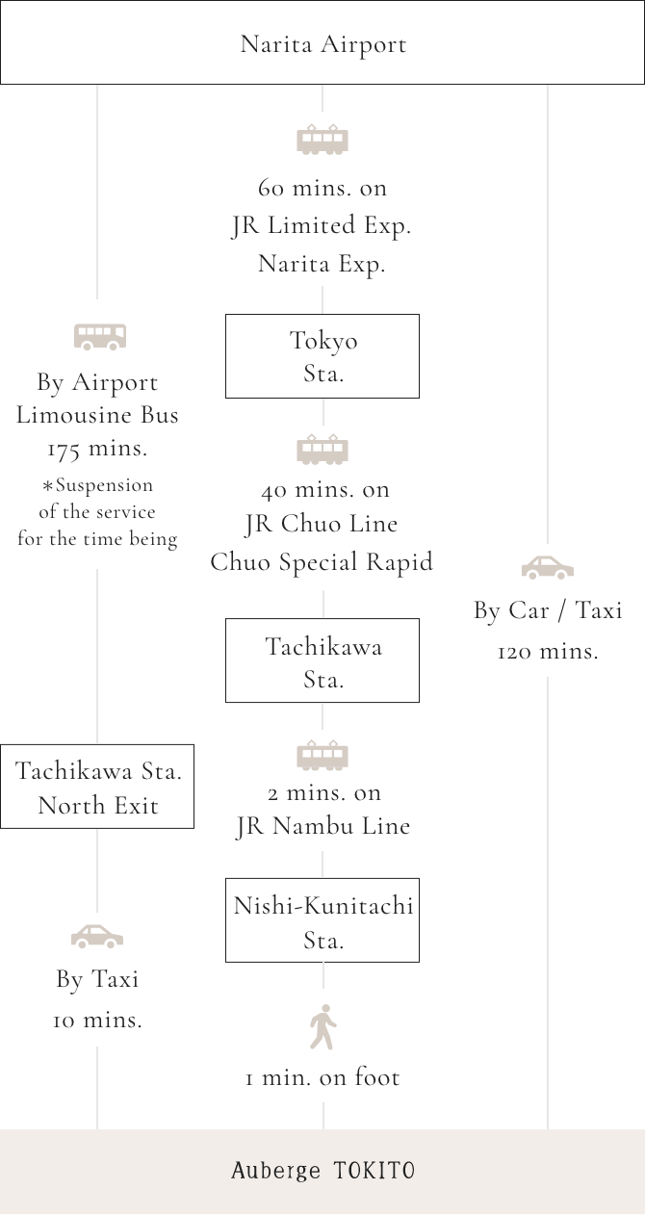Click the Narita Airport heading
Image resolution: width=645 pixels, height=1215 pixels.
tap(322, 44)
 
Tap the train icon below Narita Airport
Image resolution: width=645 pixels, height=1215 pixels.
tap(322, 140)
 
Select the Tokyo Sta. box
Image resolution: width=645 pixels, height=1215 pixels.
tap(322, 356)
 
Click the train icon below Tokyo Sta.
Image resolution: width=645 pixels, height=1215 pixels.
tap(322, 450)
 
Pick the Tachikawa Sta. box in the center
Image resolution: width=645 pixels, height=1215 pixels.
tap(322, 661)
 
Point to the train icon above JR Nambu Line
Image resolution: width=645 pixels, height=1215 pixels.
tap(322, 756)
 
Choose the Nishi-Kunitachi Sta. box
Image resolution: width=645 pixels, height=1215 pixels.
tap(322, 920)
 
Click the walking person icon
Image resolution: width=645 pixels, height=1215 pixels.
tap(322, 1027)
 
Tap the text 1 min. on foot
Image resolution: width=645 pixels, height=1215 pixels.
tap(322, 1078)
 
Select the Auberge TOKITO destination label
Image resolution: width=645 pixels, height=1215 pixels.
tap(322, 1171)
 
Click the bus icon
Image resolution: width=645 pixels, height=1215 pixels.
tap(100, 336)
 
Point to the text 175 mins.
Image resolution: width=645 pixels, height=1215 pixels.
tap(97, 449)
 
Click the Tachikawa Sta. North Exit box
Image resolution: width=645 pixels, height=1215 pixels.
tap(97, 787)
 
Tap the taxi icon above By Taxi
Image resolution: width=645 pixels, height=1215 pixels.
tap(97, 936)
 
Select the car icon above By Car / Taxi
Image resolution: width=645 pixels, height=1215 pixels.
tap(548, 568)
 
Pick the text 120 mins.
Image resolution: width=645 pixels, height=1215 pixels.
tap(548, 652)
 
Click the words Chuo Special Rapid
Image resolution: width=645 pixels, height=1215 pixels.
tap(322, 562)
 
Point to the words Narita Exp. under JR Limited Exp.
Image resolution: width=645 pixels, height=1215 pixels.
tap(322, 264)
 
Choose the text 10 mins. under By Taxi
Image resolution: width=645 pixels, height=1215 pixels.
tap(97, 1021)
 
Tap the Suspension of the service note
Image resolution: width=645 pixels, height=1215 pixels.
tap(97, 512)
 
